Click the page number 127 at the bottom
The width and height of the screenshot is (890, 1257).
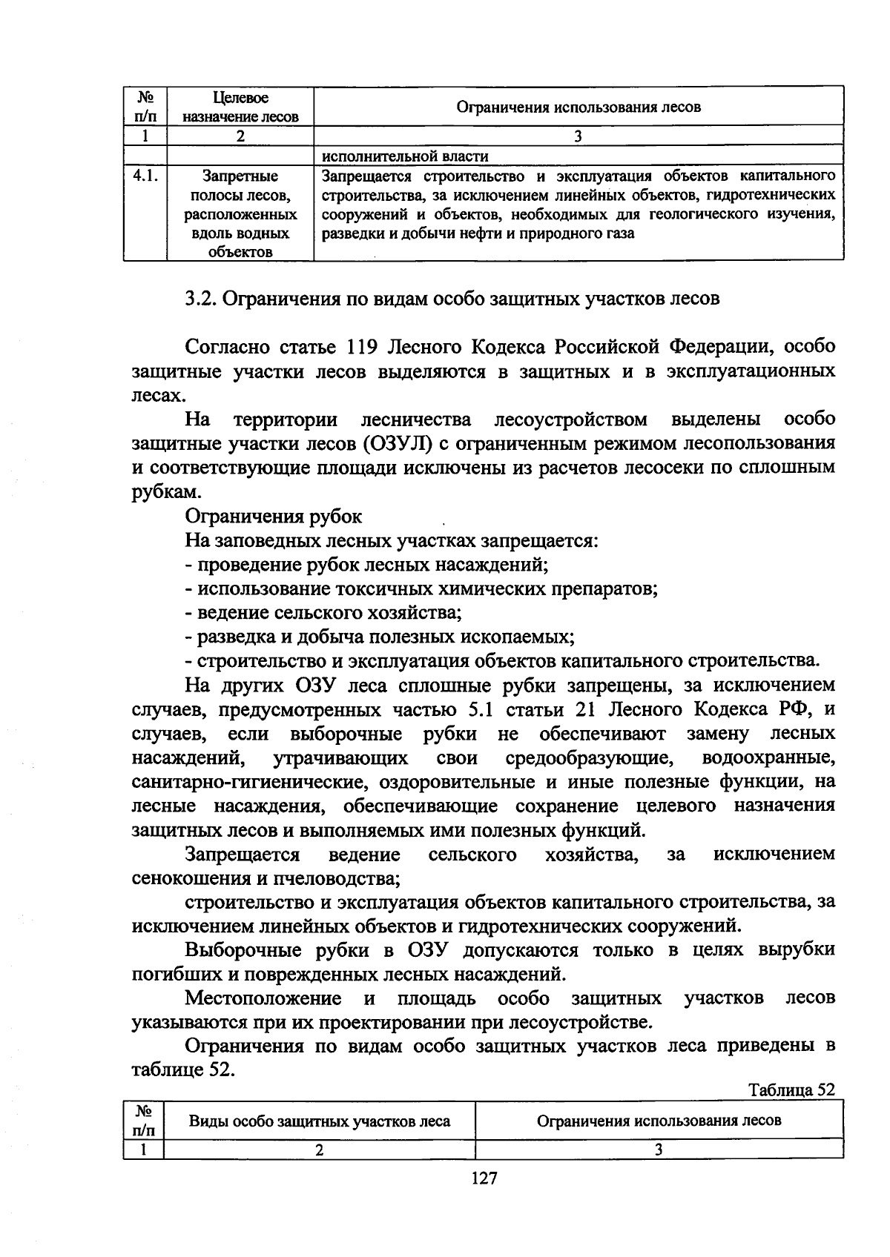point(484,1178)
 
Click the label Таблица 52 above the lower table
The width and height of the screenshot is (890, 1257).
point(791,1089)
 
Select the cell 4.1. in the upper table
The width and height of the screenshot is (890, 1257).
point(145,176)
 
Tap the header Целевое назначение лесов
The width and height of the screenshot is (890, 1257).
point(240,107)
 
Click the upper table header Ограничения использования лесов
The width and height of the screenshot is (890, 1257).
point(578,107)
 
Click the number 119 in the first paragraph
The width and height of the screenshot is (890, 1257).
point(363,347)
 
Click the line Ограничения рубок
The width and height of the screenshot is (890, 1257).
point(274,516)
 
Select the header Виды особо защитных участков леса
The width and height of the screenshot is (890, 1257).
point(320,1121)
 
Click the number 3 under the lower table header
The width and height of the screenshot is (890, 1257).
point(658,1150)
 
